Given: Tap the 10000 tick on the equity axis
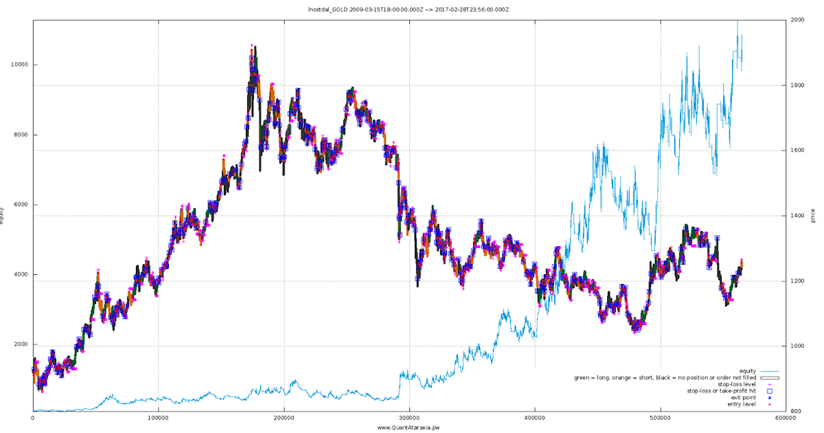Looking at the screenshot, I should coord(19,65).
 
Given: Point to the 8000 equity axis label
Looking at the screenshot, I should coord(21,135).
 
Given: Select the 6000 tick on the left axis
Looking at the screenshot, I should coord(21,205).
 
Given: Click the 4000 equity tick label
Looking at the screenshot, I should coord(21,275).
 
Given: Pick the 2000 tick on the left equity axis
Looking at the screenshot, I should coord(21,345).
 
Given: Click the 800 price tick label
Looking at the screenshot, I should coord(795,411).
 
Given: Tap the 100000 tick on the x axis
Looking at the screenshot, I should coord(158,417).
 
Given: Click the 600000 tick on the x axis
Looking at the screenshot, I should coord(785,417).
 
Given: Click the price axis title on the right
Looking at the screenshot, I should coord(813,215).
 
